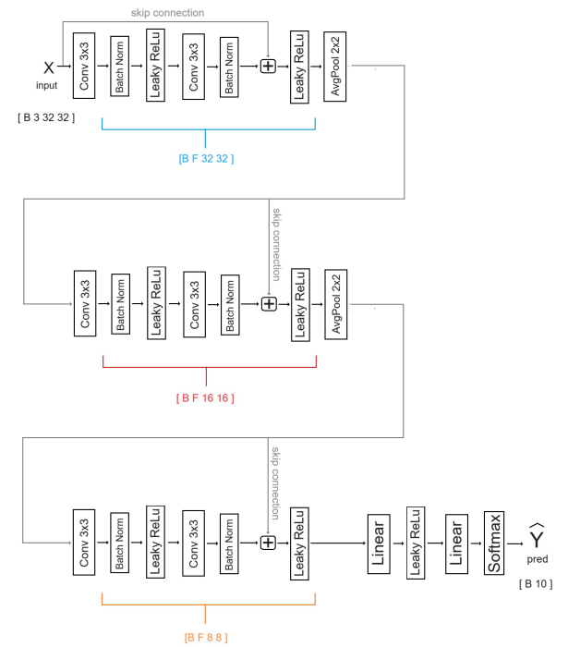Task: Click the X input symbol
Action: pyautogui.click(x=49, y=67)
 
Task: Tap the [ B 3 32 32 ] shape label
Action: pyautogui.click(x=46, y=117)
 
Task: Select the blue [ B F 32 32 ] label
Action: pyautogui.click(x=206, y=158)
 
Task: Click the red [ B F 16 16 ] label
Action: pyautogui.click(x=205, y=397)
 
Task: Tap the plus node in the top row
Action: pyautogui.click(x=269, y=67)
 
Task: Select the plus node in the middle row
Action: pyautogui.click(x=269, y=303)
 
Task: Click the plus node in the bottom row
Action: pyautogui.click(x=269, y=543)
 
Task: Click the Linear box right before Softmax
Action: pyautogui.click(x=455, y=543)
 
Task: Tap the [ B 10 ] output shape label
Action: pyautogui.click(x=536, y=583)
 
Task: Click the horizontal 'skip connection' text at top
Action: pyautogui.click(x=167, y=13)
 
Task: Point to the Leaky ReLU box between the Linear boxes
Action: pyautogui.click(x=416, y=543)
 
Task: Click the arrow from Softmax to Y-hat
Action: pyautogui.click(x=514, y=543)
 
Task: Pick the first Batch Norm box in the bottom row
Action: pyautogui.click(x=119, y=543)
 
